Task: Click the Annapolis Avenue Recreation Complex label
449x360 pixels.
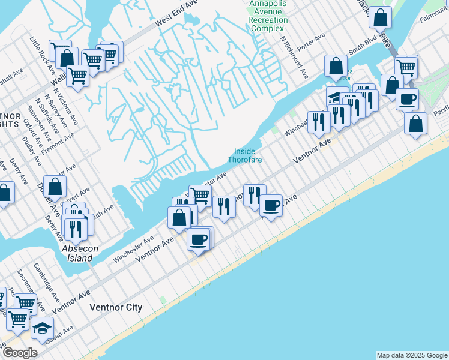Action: (x=268, y=16)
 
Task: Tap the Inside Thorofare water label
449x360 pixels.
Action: (x=245, y=155)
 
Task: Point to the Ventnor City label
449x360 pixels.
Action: (x=116, y=307)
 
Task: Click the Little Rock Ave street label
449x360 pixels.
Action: (x=41, y=50)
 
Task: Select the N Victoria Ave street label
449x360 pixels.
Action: (x=65, y=106)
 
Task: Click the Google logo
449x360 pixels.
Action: (x=19, y=353)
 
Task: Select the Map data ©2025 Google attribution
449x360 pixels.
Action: (x=411, y=355)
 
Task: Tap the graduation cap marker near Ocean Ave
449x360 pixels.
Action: (x=42, y=328)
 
